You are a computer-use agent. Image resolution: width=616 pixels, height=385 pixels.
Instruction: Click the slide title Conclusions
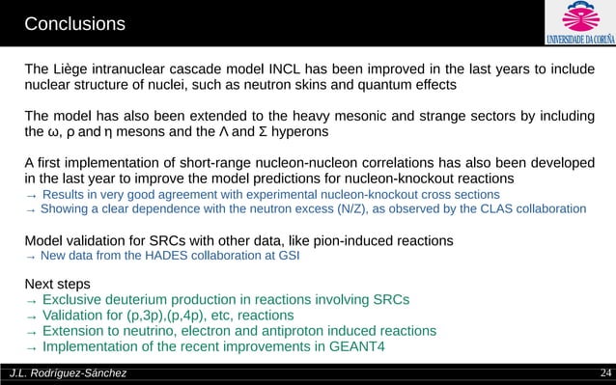coord(74,22)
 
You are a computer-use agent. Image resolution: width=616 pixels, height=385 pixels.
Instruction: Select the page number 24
coord(605,374)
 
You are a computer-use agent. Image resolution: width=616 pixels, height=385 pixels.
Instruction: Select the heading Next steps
coord(58,285)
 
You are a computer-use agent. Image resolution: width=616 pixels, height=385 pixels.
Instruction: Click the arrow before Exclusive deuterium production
coord(31,301)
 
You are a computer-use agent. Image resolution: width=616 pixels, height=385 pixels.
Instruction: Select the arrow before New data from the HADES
coord(31,256)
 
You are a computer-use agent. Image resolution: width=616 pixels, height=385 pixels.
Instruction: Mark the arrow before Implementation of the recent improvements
coord(31,347)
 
